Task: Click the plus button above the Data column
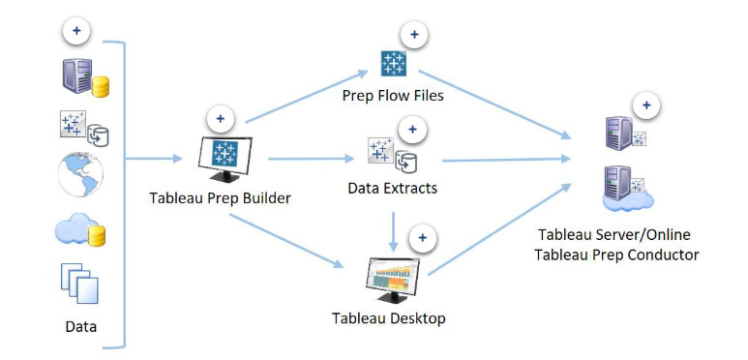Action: (x=76, y=31)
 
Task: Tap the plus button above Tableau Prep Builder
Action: (x=221, y=119)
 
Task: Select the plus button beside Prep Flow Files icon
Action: (x=414, y=36)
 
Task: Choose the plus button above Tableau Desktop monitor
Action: (x=423, y=238)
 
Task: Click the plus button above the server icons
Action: (x=645, y=105)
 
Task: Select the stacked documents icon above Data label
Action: (x=80, y=284)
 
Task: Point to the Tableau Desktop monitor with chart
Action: (x=394, y=282)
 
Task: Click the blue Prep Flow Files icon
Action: (x=394, y=65)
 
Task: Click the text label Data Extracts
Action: (x=392, y=188)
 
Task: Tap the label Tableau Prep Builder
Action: (x=222, y=198)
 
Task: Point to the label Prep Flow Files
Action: (x=392, y=96)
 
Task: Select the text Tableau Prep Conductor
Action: (x=618, y=255)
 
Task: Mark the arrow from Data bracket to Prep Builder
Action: (x=155, y=158)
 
